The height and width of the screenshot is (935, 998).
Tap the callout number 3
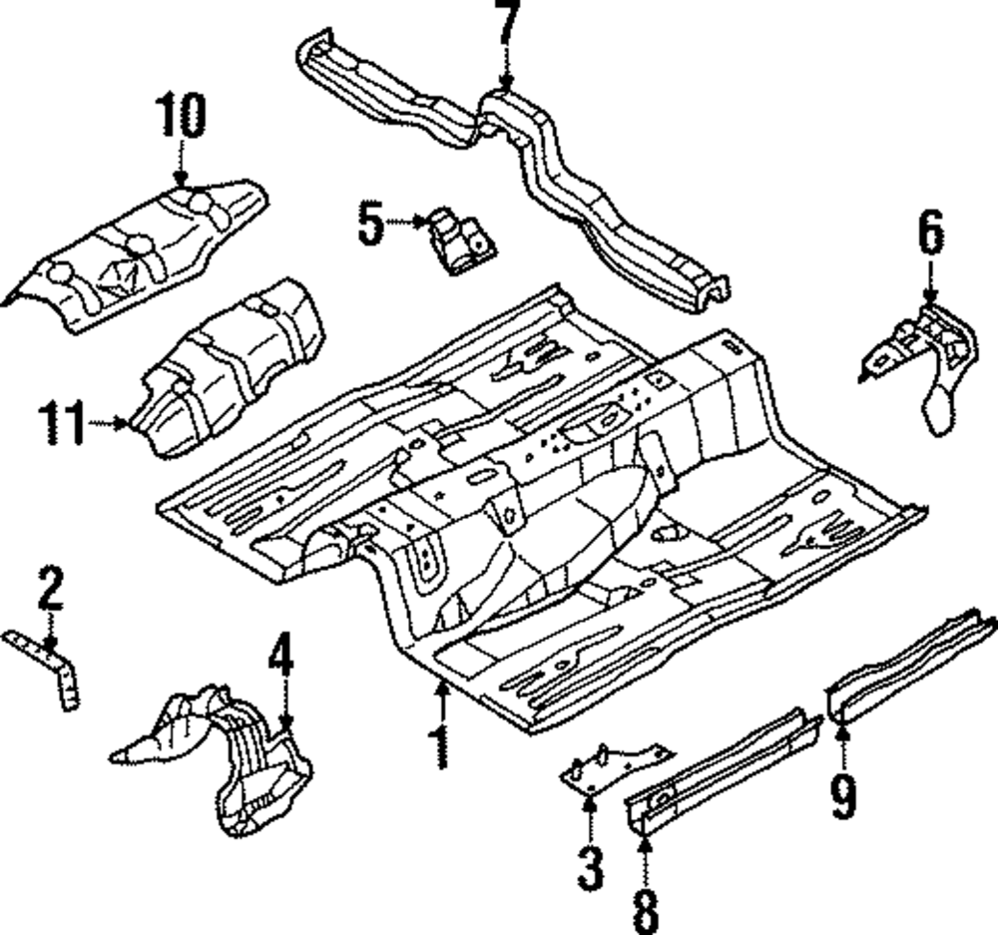(x=591, y=868)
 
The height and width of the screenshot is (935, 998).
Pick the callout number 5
(x=370, y=224)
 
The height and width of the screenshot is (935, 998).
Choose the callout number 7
(x=507, y=27)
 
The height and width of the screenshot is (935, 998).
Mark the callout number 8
(x=645, y=910)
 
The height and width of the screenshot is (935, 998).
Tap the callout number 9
(x=843, y=795)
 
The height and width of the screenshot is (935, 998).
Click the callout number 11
(x=62, y=423)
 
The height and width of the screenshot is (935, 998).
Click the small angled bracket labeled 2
(x=55, y=667)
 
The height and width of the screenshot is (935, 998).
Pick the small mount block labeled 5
(x=460, y=241)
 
